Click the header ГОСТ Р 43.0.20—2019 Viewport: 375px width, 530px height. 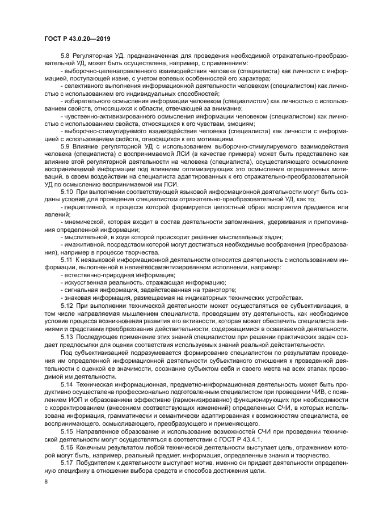(77, 37)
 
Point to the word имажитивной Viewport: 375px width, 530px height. (82, 243)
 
